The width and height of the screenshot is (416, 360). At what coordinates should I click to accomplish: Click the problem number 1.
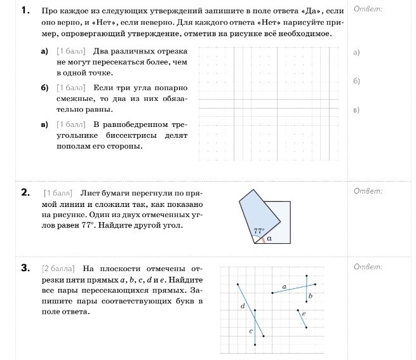pos(25,11)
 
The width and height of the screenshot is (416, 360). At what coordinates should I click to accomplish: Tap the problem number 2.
pos(25,192)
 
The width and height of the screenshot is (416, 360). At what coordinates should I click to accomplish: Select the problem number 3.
pos(25,267)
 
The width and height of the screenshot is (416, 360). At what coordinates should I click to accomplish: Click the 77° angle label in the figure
pos(258,232)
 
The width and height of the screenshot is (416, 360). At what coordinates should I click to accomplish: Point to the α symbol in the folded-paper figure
pos(269,239)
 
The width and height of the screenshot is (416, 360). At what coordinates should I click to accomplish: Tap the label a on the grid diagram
pos(284,287)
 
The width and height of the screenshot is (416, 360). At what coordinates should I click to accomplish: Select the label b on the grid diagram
pos(310,296)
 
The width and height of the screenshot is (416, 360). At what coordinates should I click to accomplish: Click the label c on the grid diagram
pos(251,331)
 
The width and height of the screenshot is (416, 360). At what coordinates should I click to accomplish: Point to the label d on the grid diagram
pos(243,306)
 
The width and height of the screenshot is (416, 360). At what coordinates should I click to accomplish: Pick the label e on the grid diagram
pos(304,314)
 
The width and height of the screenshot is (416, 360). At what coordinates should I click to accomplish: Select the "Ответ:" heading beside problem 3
pos(368,267)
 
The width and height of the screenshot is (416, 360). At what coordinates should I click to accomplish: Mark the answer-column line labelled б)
pos(356,81)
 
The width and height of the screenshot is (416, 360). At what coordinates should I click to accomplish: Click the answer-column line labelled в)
pos(356,110)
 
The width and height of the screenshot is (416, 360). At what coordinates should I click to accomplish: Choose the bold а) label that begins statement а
pos(44,51)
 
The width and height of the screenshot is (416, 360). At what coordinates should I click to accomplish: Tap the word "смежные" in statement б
pos(72,98)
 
